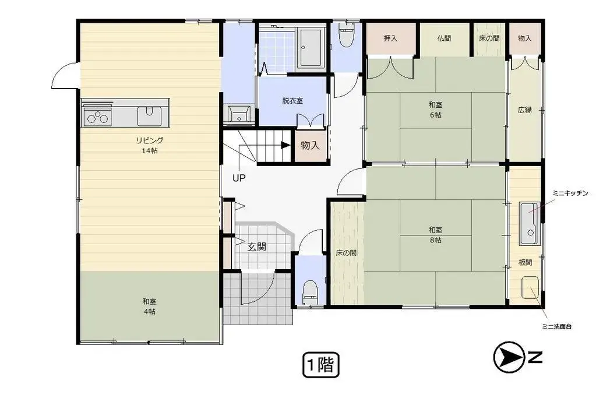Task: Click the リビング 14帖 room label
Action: coord(149,145)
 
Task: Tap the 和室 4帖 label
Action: coord(149,306)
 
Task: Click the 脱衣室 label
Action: coord(292,100)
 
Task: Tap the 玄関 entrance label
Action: coord(257,246)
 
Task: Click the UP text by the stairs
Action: coord(239,178)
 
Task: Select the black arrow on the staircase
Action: coord(285,145)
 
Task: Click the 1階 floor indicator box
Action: coord(320,365)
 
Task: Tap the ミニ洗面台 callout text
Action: coord(555,326)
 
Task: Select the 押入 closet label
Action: coord(390,38)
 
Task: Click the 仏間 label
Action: coord(444,38)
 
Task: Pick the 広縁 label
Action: coord(524,110)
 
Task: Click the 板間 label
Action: coord(525,263)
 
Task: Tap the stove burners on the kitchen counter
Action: coord(97,117)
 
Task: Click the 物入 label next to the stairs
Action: coord(310,146)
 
